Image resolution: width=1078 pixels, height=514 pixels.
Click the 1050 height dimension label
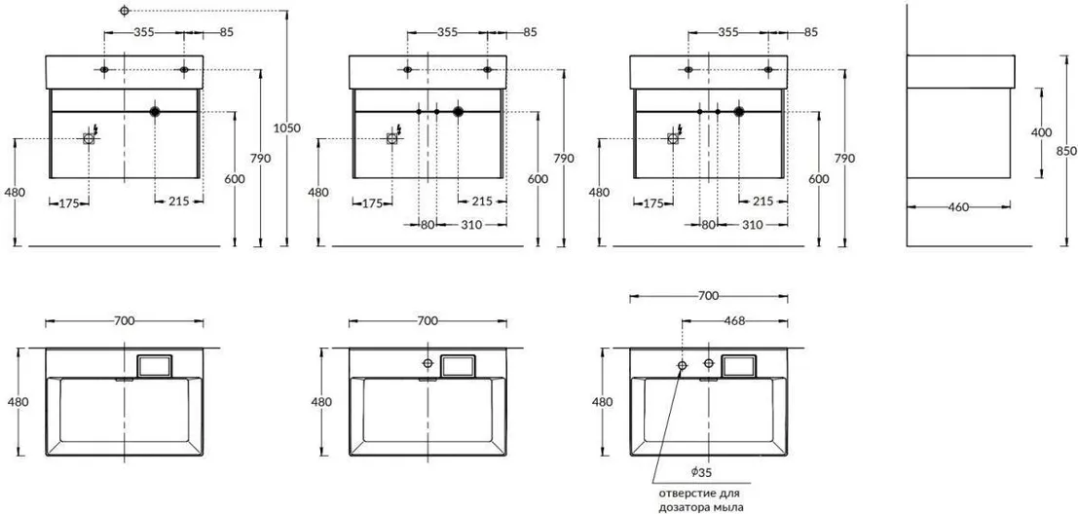(x=286, y=128)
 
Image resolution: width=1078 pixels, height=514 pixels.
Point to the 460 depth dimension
(x=960, y=206)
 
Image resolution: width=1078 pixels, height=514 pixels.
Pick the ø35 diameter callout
(x=701, y=472)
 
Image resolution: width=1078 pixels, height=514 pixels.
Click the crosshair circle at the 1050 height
(x=124, y=11)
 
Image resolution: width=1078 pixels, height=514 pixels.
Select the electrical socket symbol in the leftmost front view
(x=89, y=138)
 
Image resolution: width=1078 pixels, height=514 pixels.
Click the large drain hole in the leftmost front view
(x=155, y=111)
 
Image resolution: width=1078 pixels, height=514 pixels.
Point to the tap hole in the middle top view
(x=428, y=363)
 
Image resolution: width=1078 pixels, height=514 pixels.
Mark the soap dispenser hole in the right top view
(x=682, y=365)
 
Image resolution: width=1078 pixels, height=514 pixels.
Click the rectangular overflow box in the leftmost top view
(x=155, y=366)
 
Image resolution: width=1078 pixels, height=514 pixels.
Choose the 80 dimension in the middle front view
(x=427, y=225)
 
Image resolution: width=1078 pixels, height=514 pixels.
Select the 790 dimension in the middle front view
(x=564, y=158)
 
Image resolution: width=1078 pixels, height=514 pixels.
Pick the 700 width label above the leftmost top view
(x=124, y=321)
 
